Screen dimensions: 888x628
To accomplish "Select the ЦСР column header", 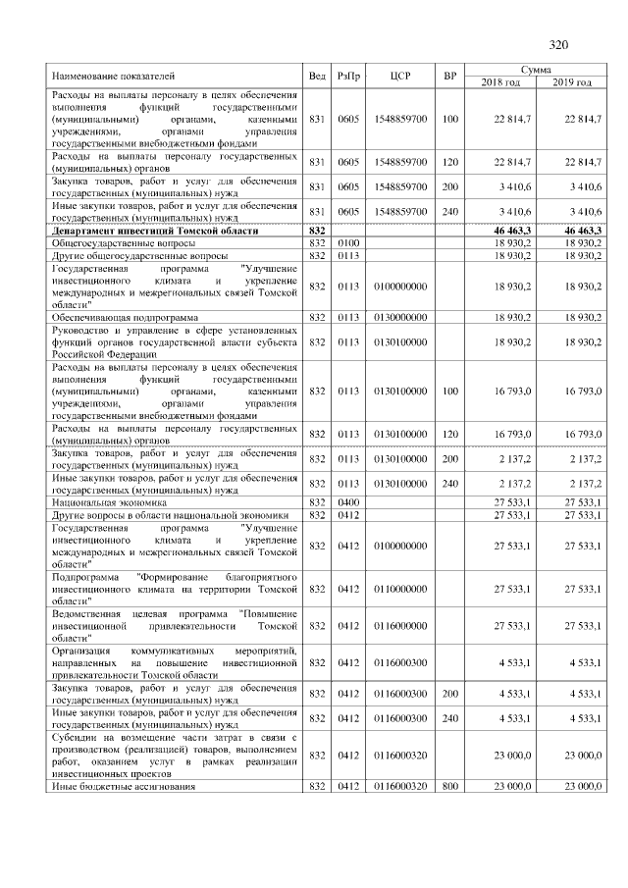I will point(399,75).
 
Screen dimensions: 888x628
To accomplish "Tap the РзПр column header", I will point(348,75).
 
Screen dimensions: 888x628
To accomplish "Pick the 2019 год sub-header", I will point(570,81).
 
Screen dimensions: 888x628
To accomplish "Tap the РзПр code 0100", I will point(348,241).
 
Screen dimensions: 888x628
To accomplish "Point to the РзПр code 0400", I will point(348,501).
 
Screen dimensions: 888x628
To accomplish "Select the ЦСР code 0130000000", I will point(400,317).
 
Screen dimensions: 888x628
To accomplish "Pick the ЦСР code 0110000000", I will point(400,589).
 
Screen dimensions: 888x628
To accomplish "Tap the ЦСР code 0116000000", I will point(400,625).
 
